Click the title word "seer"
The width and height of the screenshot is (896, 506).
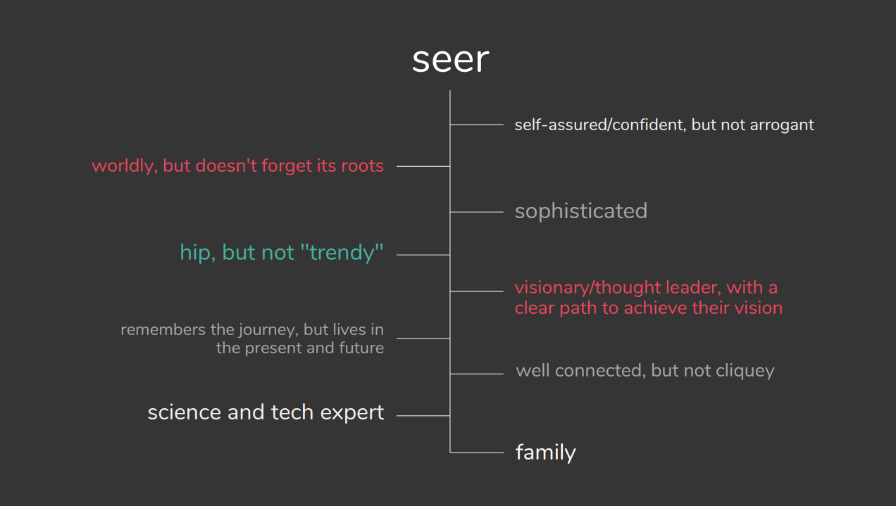(450, 61)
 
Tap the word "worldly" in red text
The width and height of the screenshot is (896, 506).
(123, 167)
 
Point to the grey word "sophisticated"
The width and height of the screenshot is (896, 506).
(580, 211)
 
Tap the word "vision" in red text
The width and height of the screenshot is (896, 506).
(754, 308)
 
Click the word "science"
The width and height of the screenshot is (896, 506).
(185, 412)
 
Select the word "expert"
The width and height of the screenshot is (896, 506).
(352, 413)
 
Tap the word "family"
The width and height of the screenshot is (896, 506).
(545, 453)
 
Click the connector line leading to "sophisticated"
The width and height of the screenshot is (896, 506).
(476, 212)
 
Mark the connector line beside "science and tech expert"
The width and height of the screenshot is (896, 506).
(423, 416)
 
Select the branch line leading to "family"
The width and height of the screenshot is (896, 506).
(476, 453)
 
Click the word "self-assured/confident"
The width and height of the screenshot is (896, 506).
(599, 125)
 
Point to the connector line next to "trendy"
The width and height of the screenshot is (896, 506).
(423, 255)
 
